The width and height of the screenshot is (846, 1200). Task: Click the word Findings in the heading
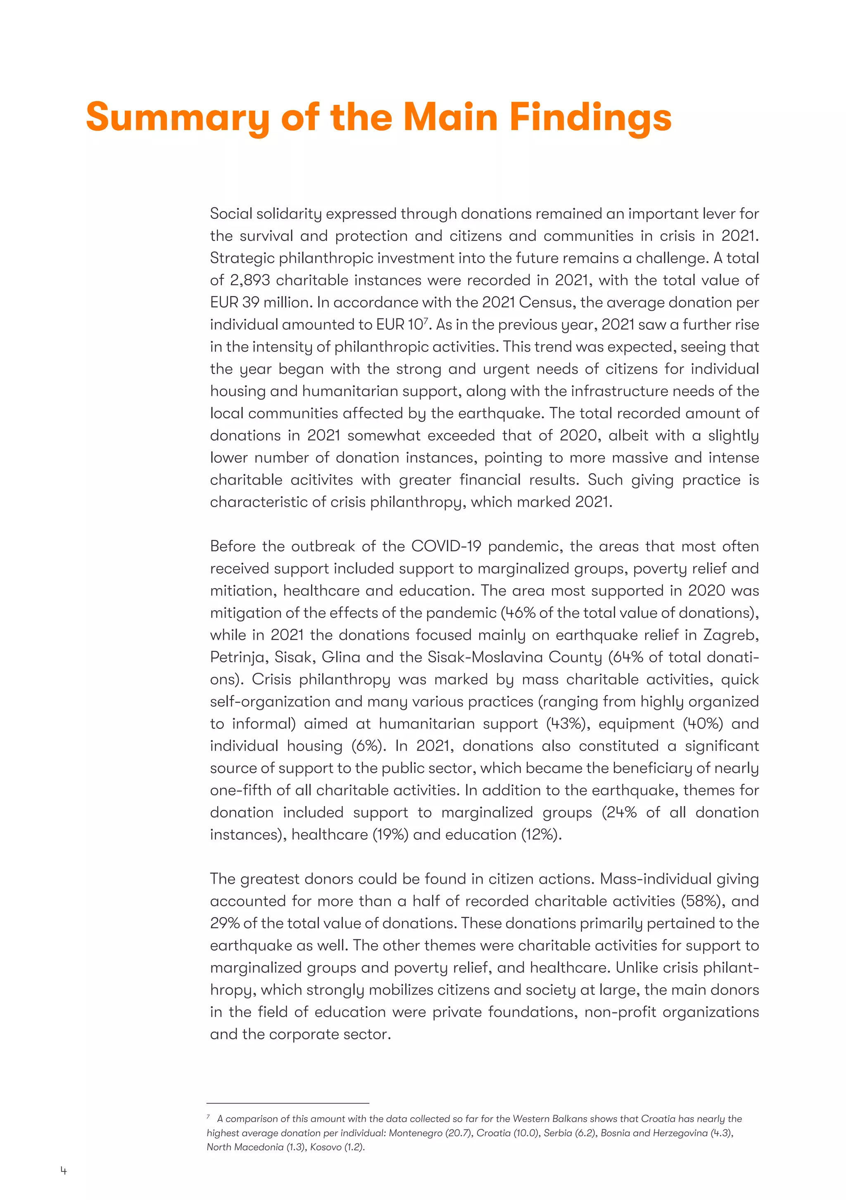point(590,118)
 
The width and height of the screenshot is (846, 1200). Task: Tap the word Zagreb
point(731,635)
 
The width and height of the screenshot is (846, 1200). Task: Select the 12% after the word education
point(541,834)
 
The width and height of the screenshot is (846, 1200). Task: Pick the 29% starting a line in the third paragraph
point(224,923)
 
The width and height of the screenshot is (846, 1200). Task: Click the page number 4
point(64,1171)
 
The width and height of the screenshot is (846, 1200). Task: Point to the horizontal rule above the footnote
point(288,1103)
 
